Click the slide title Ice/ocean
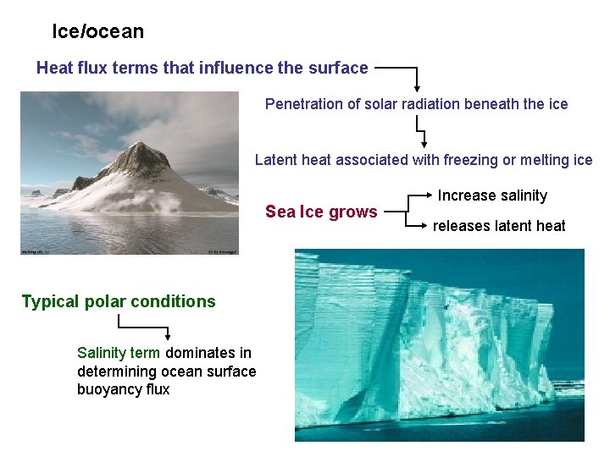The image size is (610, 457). (x=97, y=32)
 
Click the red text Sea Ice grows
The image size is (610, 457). (x=321, y=212)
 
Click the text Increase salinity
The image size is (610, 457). (x=492, y=195)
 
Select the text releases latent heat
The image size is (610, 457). (x=499, y=226)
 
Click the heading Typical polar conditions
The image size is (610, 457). (x=119, y=301)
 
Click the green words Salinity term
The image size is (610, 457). (x=118, y=353)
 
